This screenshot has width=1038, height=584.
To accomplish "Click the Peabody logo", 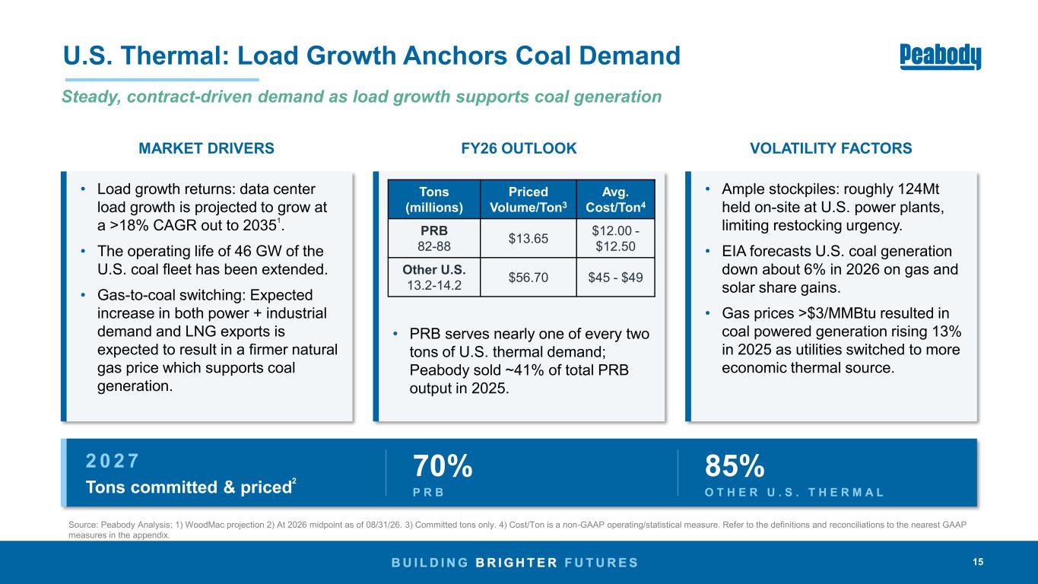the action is (x=940, y=57).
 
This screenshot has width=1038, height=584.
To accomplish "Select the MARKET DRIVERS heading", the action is (x=206, y=148).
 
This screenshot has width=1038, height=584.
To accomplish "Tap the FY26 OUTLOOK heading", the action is (x=519, y=148).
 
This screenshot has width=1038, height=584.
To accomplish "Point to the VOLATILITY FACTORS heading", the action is (x=831, y=148).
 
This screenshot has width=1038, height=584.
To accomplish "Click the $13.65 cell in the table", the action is (x=529, y=238).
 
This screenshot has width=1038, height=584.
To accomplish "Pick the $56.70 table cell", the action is (x=529, y=277).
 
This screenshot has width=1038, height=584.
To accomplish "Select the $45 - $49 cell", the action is (x=615, y=277).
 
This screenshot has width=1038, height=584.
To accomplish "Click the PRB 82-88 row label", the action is (x=434, y=238).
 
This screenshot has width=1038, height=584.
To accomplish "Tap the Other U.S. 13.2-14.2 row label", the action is (x=434, y=277).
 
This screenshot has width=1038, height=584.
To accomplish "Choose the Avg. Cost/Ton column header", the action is (x=615, y=199).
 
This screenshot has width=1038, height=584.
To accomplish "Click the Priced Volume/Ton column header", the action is (x=529, y=199).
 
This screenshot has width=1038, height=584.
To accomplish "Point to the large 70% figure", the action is (x=443, y=466).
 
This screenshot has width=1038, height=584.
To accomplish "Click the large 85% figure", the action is (x=735, y=466).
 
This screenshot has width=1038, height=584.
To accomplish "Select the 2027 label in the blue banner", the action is (x=112, y=461).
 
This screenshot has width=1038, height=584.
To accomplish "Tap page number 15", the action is (x=978, y=562).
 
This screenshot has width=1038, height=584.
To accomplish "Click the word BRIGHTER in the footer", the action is (x=516, y=563).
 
